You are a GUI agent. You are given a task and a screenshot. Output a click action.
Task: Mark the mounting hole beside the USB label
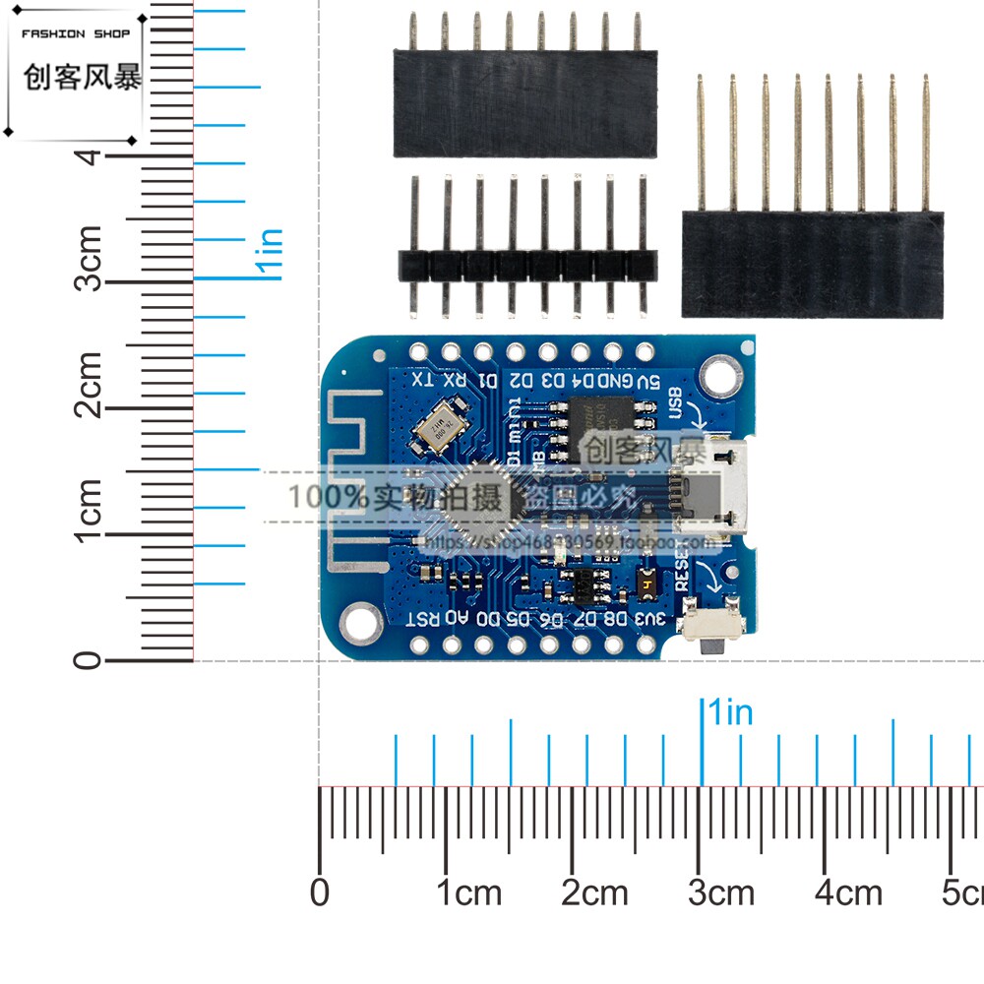click(x=720, y=373)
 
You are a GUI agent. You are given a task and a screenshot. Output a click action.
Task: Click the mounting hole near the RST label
click(x=358, y=620)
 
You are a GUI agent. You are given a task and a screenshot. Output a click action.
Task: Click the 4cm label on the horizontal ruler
click(x=848, y=893)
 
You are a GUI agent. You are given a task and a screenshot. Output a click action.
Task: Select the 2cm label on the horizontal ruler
click(x=594, y=893)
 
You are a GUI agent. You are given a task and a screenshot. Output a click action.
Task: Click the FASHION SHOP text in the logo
click(x=76, y=33)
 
